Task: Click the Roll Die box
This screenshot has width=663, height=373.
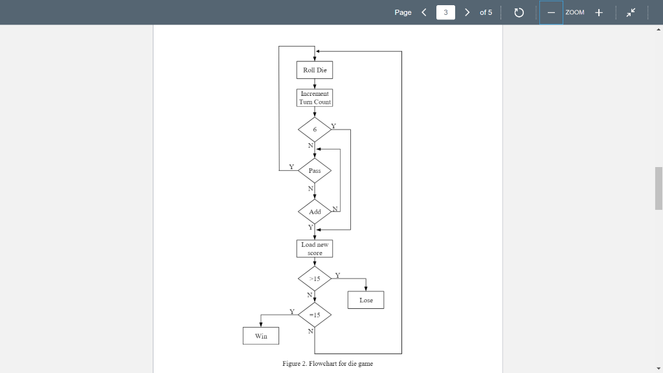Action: tap(315, 70)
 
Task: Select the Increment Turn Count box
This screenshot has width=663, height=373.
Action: tap(315, 98)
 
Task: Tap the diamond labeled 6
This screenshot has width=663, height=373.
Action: tap(315, 130)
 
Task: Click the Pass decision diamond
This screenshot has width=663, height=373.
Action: tap(315, 170)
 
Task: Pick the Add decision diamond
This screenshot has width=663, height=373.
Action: tap(315, 212)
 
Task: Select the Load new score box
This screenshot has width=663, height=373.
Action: tap(315, 249)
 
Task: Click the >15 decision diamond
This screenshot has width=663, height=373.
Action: tap(315, 278)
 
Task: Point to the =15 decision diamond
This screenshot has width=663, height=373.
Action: tap(315, 315)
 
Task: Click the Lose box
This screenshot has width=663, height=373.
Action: tap(366, 300)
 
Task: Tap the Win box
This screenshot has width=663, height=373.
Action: tap(261, 336)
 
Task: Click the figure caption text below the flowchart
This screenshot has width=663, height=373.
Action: tap(328, 363)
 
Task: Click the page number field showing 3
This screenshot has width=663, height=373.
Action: tap(445, 12)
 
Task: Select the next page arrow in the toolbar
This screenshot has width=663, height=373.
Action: tap(467, 12)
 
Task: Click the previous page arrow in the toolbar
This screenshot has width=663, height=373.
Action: tap(424, 12)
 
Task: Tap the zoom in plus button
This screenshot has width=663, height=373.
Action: tap(599, 12)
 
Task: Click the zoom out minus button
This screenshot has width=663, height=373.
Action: tap(551, 12)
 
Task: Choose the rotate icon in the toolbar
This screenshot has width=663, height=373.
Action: tap(519, 12)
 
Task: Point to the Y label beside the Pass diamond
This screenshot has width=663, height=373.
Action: tap(291, 166)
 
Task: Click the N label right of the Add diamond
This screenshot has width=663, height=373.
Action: tap(335, 209)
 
